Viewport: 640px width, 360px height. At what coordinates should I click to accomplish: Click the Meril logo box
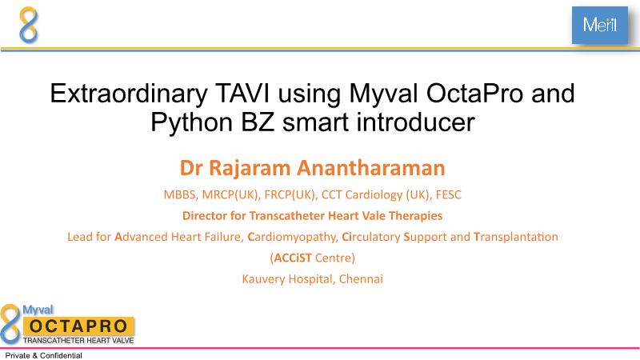[599, 25]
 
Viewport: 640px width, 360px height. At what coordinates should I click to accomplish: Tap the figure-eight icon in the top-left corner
[29, 25]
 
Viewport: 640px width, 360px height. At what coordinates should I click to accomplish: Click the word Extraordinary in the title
[129, 94]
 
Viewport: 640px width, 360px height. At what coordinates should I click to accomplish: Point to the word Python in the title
[191, 122]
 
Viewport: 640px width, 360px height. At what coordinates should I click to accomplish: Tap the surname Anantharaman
[370, 168]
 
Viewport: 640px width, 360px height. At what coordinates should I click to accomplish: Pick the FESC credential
[448, 194]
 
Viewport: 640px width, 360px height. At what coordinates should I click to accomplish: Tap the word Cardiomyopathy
[293, 237]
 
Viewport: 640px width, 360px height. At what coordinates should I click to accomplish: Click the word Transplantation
[516, 237]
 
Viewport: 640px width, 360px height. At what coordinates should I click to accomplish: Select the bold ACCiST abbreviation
[293, 258]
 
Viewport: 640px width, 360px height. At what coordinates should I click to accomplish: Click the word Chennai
[361, 278]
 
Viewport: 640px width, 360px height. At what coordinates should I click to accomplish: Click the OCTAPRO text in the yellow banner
[78, 326]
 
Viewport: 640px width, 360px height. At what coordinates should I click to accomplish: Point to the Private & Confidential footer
[44, 355]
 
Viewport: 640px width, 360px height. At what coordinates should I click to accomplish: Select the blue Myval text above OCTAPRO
[38, 310]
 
